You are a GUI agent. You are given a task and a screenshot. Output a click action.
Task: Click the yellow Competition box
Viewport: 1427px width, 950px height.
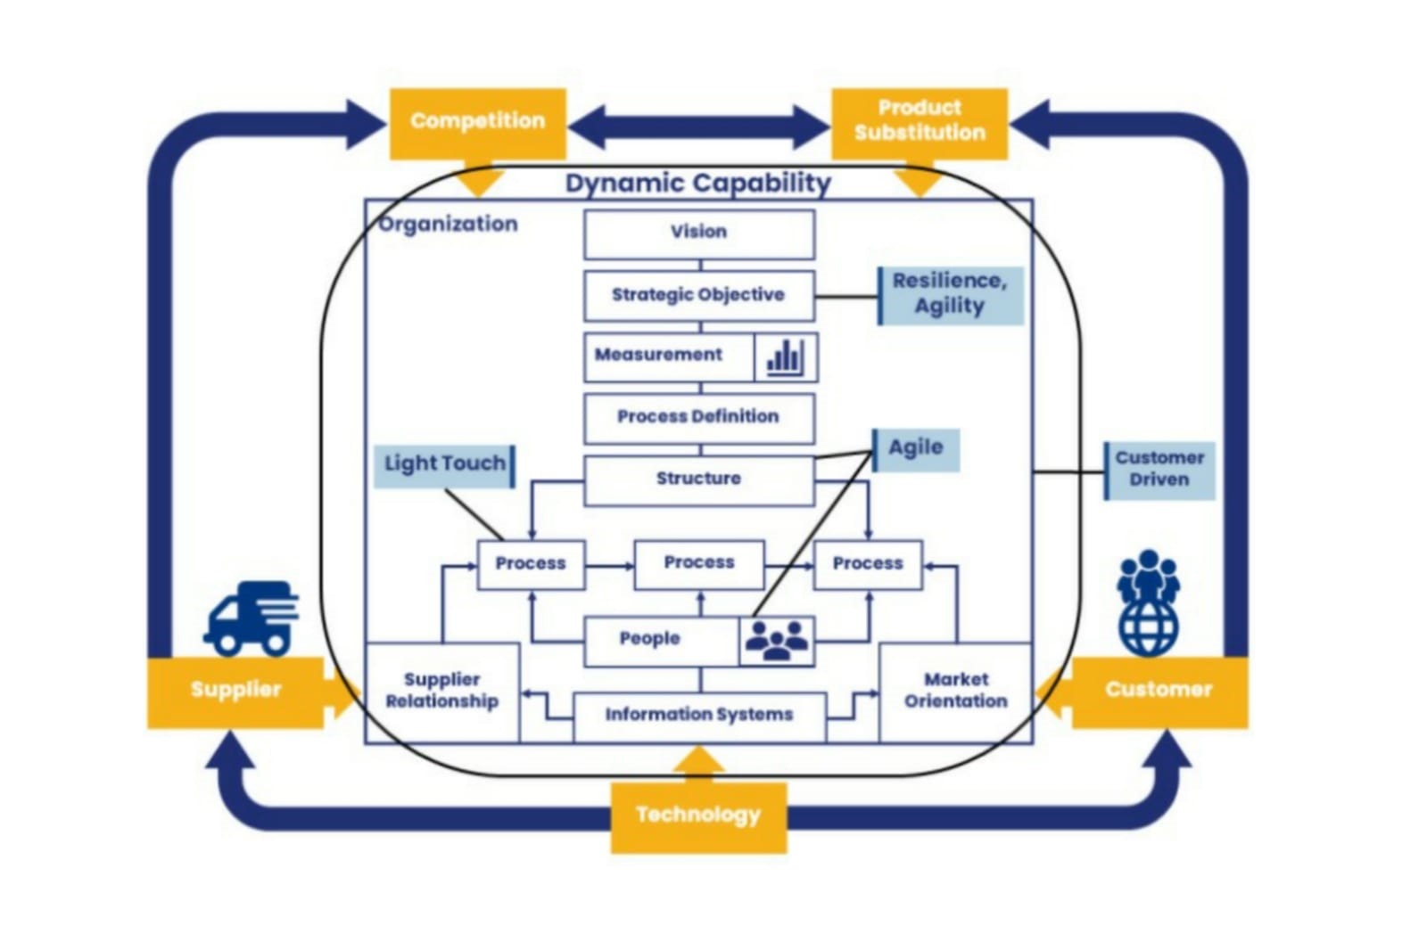point(477,123)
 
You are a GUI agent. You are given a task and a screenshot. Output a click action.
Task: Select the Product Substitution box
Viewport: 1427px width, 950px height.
point(920,122)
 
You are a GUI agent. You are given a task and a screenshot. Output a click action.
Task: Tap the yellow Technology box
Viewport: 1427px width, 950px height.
point(698,815)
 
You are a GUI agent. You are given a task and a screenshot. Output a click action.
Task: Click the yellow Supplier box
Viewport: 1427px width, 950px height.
point(235,691)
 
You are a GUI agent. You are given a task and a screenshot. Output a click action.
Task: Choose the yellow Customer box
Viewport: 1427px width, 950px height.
point(1159,691)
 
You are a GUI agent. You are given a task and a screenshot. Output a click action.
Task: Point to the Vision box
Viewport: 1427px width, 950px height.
point(699,233)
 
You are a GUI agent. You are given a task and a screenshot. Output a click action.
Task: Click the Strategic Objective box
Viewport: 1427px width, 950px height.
point(699,296)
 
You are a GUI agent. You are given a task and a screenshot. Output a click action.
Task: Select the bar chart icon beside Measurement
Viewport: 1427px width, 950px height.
point(785,357)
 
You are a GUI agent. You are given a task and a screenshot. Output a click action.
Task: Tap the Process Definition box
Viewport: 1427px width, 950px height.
point(699,418)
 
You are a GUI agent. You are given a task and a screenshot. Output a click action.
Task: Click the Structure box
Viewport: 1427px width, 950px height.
point(699,480)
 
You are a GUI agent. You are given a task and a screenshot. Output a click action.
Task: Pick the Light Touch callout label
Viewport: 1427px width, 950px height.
point(444,465)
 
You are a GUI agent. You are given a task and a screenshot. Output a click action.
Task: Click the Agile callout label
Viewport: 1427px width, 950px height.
point(916,449)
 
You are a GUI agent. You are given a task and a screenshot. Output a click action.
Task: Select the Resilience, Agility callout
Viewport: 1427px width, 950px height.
point(950,295)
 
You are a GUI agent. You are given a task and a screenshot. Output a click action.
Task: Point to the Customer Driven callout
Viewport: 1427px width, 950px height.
point(1159,470)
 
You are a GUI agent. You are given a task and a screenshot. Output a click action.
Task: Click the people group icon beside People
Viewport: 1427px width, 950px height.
point(777,640)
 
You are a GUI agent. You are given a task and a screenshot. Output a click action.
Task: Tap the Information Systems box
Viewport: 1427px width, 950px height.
point(699,716)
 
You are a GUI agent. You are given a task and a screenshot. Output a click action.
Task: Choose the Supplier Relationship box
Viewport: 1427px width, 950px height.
point(442,692)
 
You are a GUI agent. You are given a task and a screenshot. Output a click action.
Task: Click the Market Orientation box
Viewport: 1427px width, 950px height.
point(956,692)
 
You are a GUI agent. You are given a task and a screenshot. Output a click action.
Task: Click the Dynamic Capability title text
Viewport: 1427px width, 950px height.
point(698,184)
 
